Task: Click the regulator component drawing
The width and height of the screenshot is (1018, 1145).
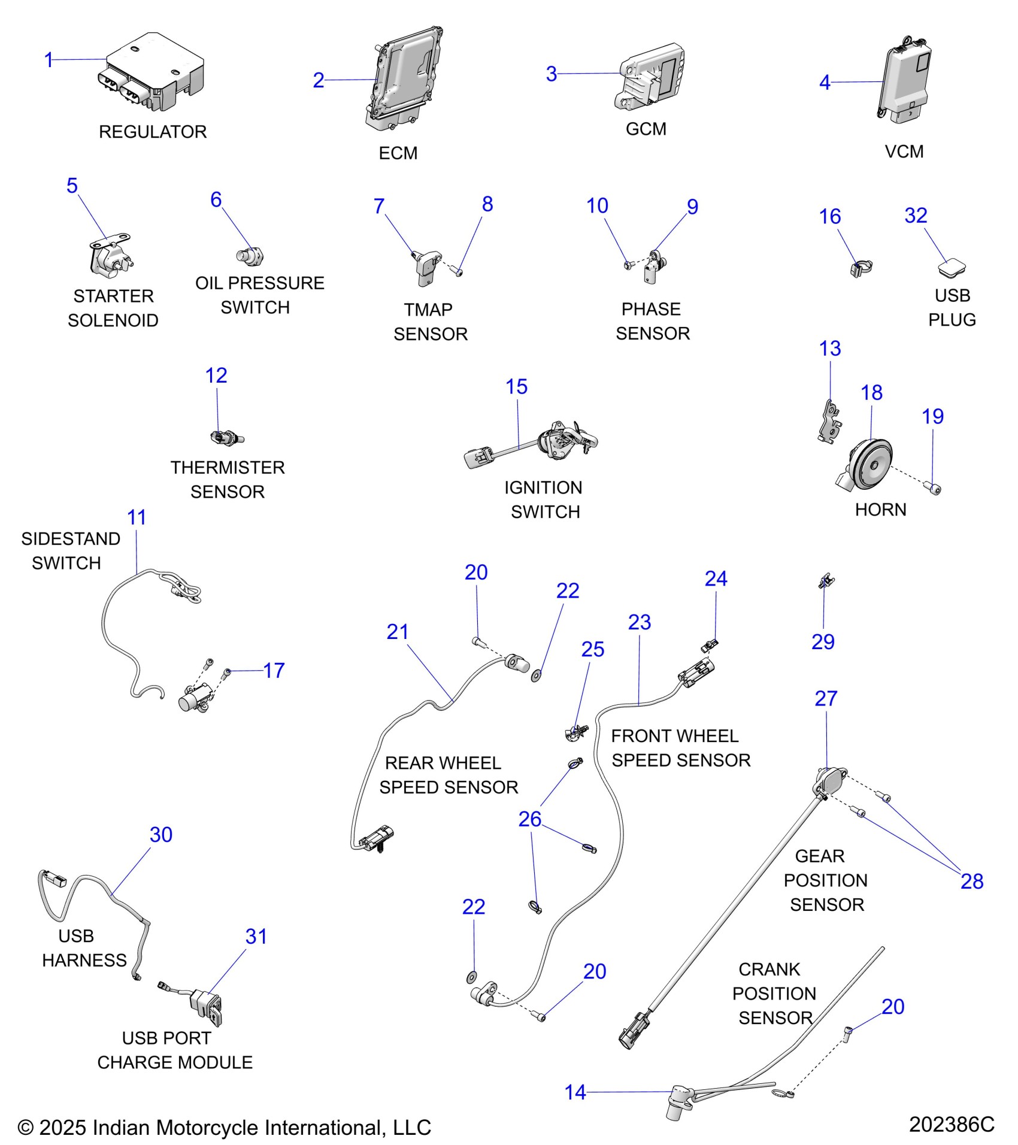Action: point(153,75)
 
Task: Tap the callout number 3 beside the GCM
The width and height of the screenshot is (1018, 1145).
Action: point(551,74)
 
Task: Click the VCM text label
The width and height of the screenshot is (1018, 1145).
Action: point(904,152)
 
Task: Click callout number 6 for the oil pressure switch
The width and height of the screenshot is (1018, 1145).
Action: point(216,200)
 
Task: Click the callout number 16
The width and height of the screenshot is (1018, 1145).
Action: point(829,217)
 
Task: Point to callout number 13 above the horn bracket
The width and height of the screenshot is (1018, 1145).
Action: point(829,349)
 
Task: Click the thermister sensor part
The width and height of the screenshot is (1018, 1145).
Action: point(227,438)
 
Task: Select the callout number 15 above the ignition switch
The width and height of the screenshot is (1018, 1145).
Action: point(516,387)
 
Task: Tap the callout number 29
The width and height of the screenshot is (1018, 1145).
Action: point(823,642)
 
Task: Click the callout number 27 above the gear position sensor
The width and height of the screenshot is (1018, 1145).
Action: point(826,698)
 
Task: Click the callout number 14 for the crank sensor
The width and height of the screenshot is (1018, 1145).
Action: point(575,1092)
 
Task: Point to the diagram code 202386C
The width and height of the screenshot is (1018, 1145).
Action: point(952,1125)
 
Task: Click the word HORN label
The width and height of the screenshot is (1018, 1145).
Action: point(880,510)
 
